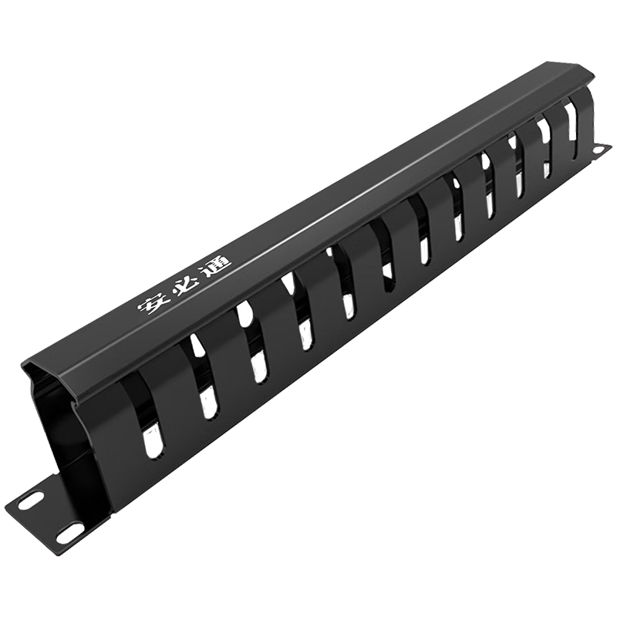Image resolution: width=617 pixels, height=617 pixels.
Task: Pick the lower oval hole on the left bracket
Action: pos(71,534)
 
